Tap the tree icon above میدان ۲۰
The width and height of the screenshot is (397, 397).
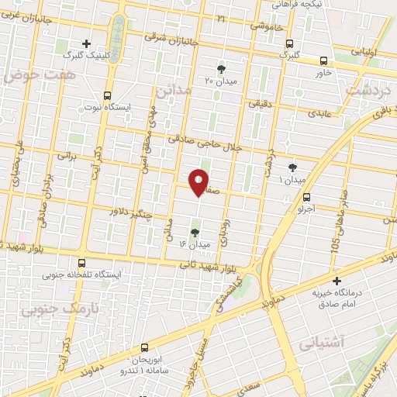[222, 69]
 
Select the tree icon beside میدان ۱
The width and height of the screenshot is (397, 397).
[292, 167]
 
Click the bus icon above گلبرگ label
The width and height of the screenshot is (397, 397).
[289, 43]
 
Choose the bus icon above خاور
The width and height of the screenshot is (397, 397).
[324, 60]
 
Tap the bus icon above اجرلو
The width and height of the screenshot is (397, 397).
[307, 198]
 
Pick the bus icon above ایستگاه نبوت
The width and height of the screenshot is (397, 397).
[108, 95]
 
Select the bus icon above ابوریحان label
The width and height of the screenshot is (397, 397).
[146, 349]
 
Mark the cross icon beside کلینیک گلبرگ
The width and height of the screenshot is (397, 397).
[86, 43]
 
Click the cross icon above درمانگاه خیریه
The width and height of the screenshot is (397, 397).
[336, 281]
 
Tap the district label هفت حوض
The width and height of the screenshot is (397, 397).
[31, 75]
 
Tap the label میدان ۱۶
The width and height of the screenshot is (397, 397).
[194, 244]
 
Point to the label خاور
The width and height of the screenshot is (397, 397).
[323, 72]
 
